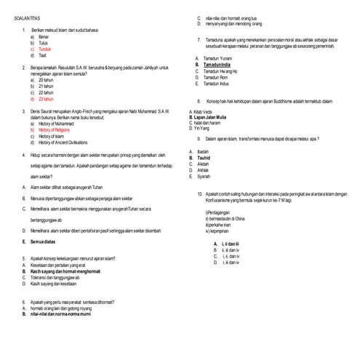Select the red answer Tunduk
(45, 49)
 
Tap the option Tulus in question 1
(43, 42)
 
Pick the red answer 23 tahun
(47, 98)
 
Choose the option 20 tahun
(47, 79)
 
